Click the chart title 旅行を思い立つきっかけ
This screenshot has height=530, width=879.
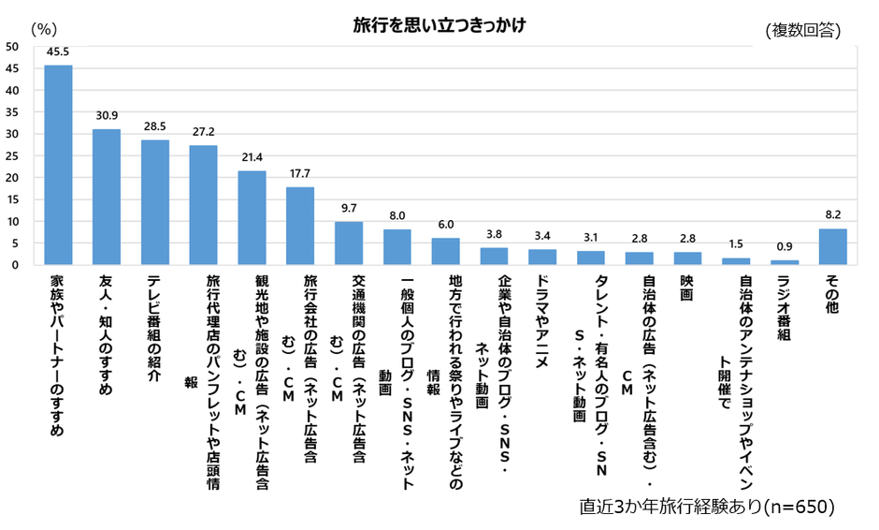pos(439,24)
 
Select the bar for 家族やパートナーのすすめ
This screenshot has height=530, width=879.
pos(59,165)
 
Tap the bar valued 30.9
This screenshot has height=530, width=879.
pos(107,197)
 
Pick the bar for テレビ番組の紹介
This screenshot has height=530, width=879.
pos(155,202)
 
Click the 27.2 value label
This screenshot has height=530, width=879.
pos(203,132)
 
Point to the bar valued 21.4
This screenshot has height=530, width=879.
pos(252,217)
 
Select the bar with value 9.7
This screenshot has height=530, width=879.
pos(349,243)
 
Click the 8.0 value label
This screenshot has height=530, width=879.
pos(397,216)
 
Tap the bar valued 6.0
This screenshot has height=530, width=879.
pos(445,251)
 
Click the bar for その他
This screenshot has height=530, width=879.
pos(832,246)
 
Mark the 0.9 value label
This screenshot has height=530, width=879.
pos(784,247)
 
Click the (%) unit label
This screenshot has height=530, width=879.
pos(45,29)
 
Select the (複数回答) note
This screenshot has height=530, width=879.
pos(802,30)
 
